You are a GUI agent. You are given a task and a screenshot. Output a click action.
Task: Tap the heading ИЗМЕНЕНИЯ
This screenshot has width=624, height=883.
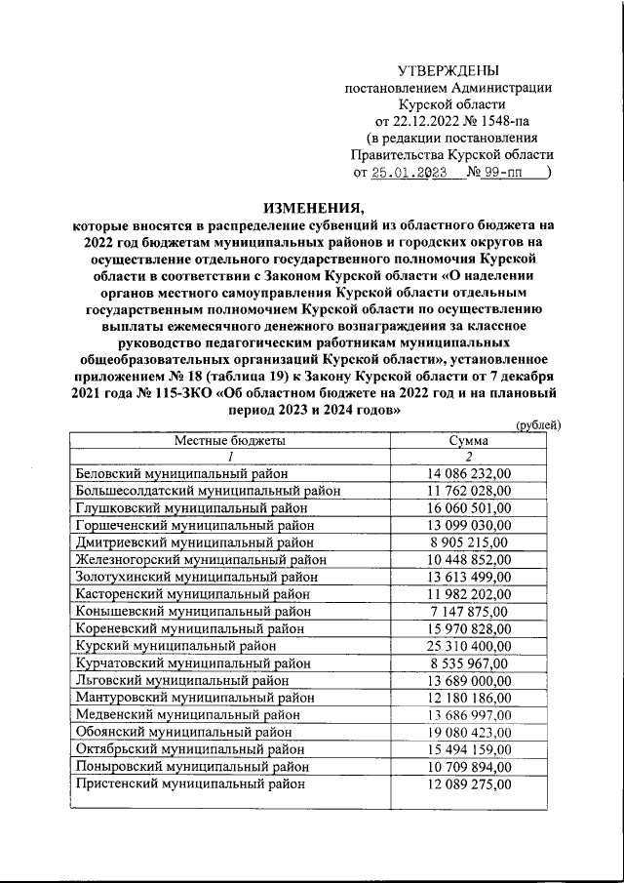pos(311,207)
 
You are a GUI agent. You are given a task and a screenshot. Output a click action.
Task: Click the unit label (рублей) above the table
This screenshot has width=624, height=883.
pos(537,424)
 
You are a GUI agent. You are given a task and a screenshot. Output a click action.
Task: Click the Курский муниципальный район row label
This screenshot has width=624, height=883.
pos(175,646)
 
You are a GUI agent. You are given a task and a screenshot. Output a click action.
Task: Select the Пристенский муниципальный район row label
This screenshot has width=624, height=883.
pos(189,783)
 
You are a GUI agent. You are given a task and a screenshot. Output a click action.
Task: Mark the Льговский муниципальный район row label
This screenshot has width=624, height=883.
pos(182,680)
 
